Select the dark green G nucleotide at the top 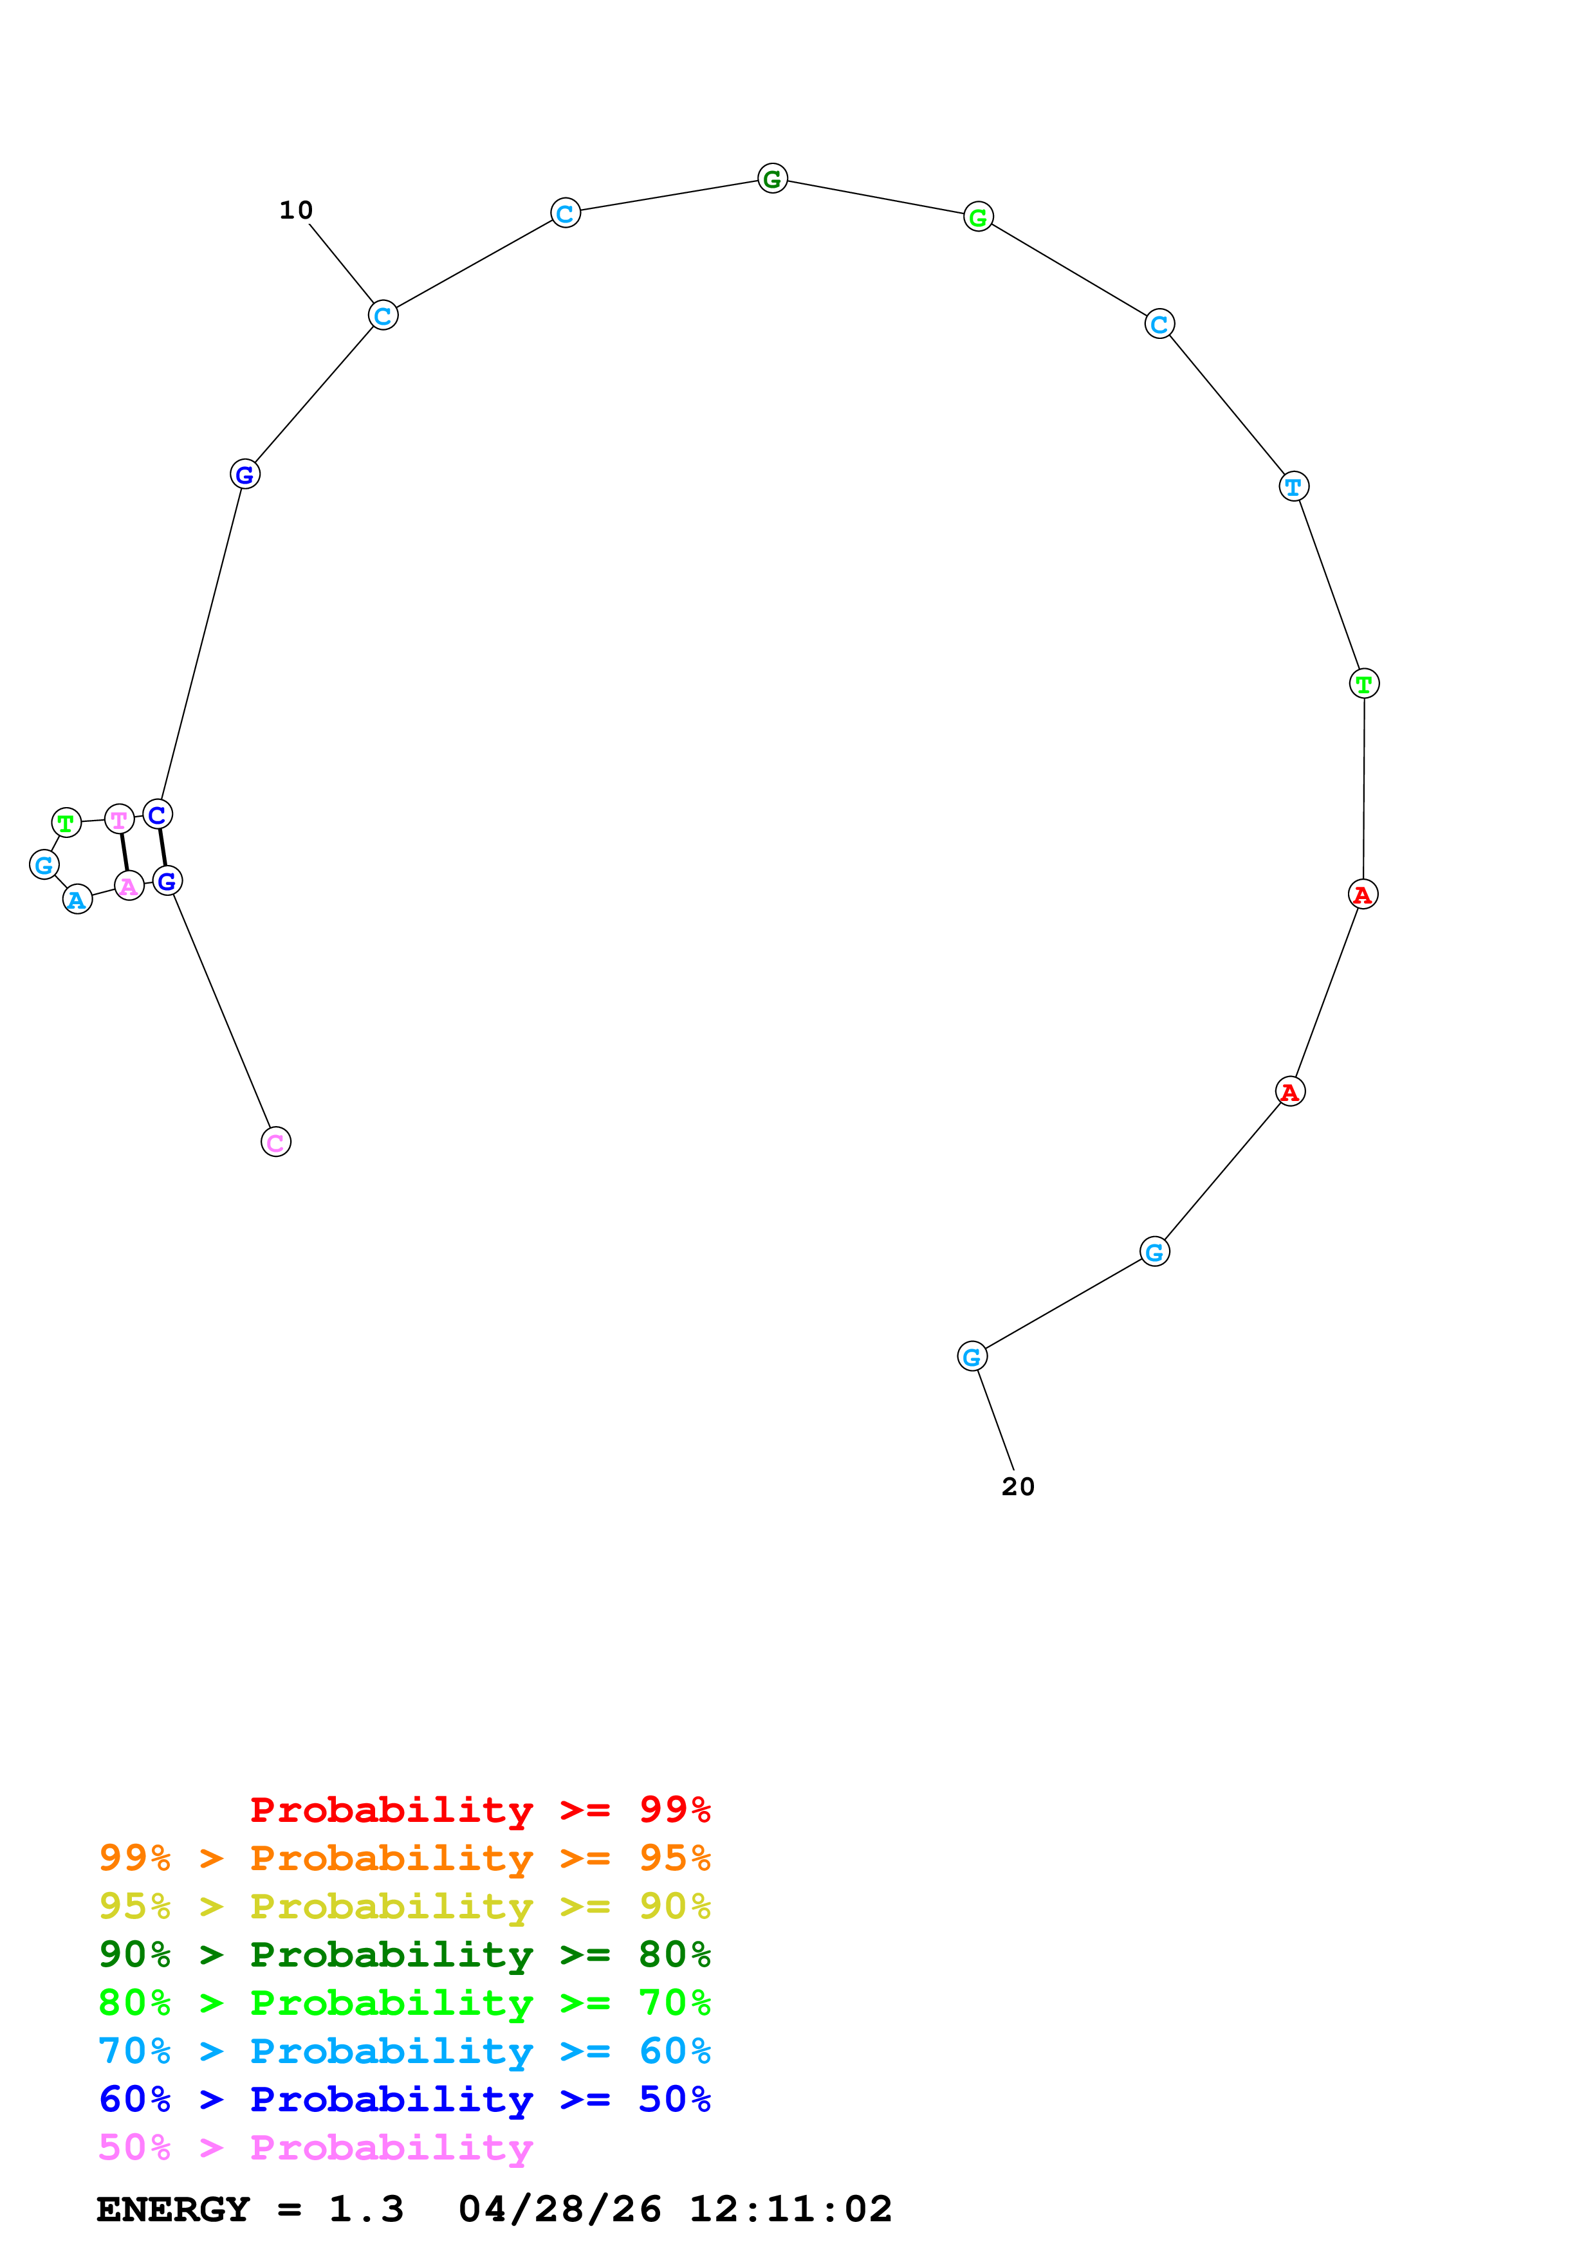coord(773,179)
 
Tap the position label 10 coord(296,210)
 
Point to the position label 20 coord(1018,1487)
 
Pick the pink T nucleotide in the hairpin coord(119,819)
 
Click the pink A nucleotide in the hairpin coord(129,886)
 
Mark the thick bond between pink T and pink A coord(124,852)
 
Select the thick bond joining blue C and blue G coord(162,847)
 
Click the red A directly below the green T coord(1363,894)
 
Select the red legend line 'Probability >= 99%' coord(479,1810)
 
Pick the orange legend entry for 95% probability coord(404,1858)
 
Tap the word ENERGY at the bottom coord(173,2210)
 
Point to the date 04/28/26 coord(559,2210)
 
